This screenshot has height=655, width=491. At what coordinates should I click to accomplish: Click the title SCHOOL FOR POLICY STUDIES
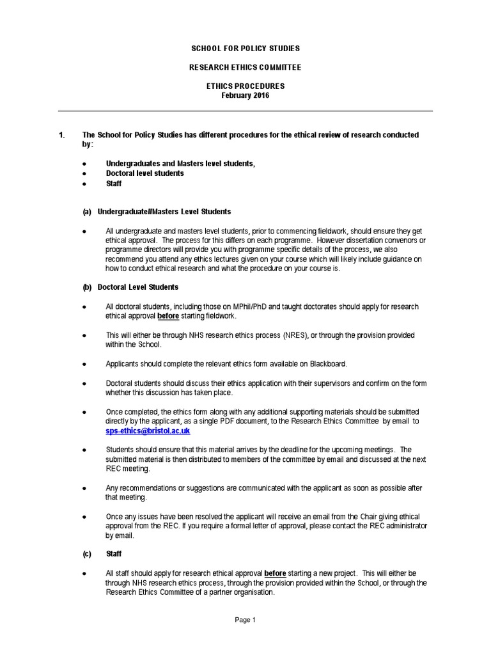[x=245, y=49]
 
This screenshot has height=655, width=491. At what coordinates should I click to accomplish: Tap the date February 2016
[x=245, y=95]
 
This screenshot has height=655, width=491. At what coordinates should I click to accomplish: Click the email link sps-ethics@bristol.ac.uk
[x=148, y=432]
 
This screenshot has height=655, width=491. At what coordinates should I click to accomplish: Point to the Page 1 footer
[x=245, y=620]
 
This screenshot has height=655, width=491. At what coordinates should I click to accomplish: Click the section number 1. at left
[x=62, y=135]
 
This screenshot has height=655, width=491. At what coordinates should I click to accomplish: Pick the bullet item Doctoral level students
[x=144, y=173]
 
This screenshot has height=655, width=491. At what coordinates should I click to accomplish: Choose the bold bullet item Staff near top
[x=114, y=184]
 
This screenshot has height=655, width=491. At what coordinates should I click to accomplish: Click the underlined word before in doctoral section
[x=168, y=317]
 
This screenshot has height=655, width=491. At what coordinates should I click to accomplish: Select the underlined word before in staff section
[x=275, y=574]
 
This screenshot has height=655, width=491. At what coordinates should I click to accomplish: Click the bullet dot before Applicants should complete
[x=84, y=364]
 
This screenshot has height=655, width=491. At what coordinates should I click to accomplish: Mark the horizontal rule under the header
[x=245, y=111]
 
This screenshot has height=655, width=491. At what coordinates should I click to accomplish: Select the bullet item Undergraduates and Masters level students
[x=180, y=164]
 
